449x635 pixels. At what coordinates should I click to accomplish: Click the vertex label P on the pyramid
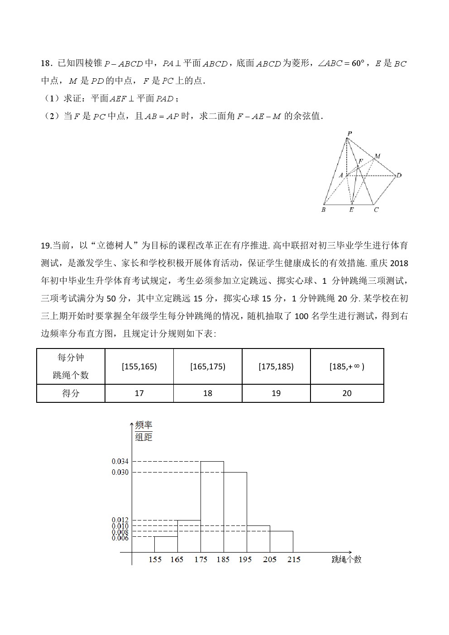coord(349,134)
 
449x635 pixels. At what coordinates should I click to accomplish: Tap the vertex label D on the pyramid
coord(399,175)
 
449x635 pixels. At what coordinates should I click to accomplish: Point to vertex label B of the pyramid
coord(323,210)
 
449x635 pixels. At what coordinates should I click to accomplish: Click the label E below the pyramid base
coord(351,210)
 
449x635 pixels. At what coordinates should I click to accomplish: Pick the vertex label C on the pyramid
coord(376,210)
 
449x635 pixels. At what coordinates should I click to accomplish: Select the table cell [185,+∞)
coord(347,367)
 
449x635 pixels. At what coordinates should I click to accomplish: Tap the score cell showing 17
coord(139,393)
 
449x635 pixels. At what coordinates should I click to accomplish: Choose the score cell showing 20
coord(347,393)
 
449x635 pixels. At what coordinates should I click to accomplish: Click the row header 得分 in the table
coord(71,393)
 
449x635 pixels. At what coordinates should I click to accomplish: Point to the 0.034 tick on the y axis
coord(120,462)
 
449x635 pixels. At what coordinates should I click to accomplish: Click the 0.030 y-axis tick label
coord(120,473)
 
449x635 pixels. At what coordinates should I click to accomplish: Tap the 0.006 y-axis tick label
coord(120,538)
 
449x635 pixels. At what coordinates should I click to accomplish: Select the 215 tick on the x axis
coord(294,559)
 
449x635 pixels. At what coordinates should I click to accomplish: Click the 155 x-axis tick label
coord(155,559)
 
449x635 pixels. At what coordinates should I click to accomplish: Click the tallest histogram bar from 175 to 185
coord(212,507)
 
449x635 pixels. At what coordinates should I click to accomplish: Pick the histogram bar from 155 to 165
coord(166,544)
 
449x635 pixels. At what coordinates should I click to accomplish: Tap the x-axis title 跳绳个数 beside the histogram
coord(346,559)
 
